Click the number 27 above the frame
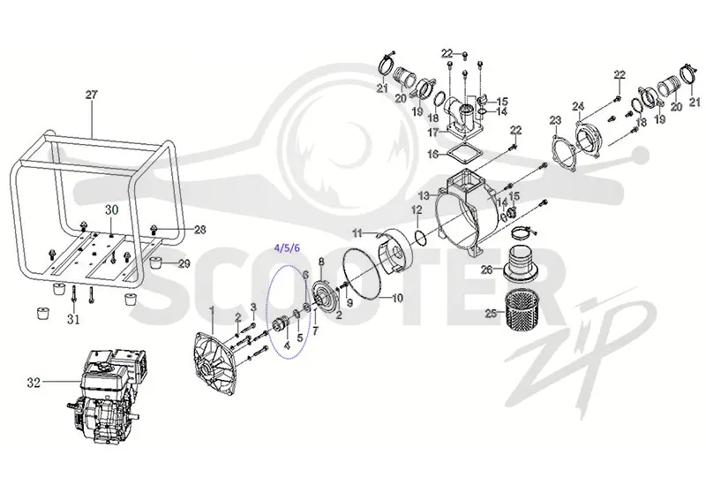[91, 95]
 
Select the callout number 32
[34, 383]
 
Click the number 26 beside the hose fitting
[487, 270]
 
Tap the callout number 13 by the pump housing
[424, 195]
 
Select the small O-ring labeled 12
[418, 237]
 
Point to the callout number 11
[357, 233]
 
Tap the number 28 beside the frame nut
[200, 230]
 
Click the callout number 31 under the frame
[73, 320]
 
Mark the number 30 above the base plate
[112, 209]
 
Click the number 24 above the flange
[578, 106]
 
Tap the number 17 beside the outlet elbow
[433, 133]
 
